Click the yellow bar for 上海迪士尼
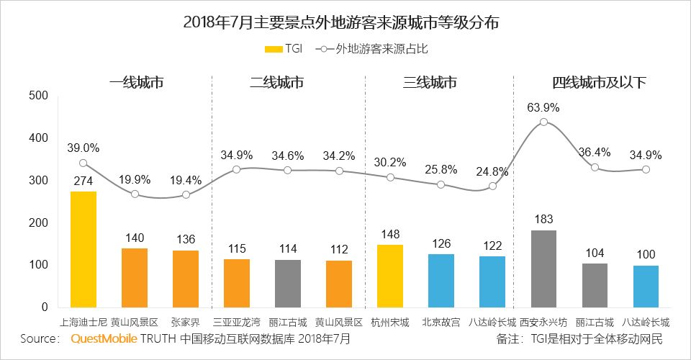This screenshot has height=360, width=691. tap(83, 249)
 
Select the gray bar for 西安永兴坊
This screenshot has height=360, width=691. tap(543, 269)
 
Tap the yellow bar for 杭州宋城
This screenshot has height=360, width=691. tap(390, 276)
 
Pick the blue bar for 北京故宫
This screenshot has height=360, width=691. tap(441, 281)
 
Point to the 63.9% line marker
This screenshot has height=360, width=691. tap(543, 122)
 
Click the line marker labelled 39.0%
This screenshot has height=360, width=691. tap(83, 163)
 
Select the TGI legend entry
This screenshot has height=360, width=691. tap(284, 49)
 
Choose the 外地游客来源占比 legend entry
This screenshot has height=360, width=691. tap(377, 49)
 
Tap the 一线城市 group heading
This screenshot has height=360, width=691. tap(136, 82)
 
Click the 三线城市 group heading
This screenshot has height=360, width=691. tap(430, 82)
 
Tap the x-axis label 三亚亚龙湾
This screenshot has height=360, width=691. tap(237, 322)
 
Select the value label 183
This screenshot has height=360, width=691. tap(543, 217)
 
